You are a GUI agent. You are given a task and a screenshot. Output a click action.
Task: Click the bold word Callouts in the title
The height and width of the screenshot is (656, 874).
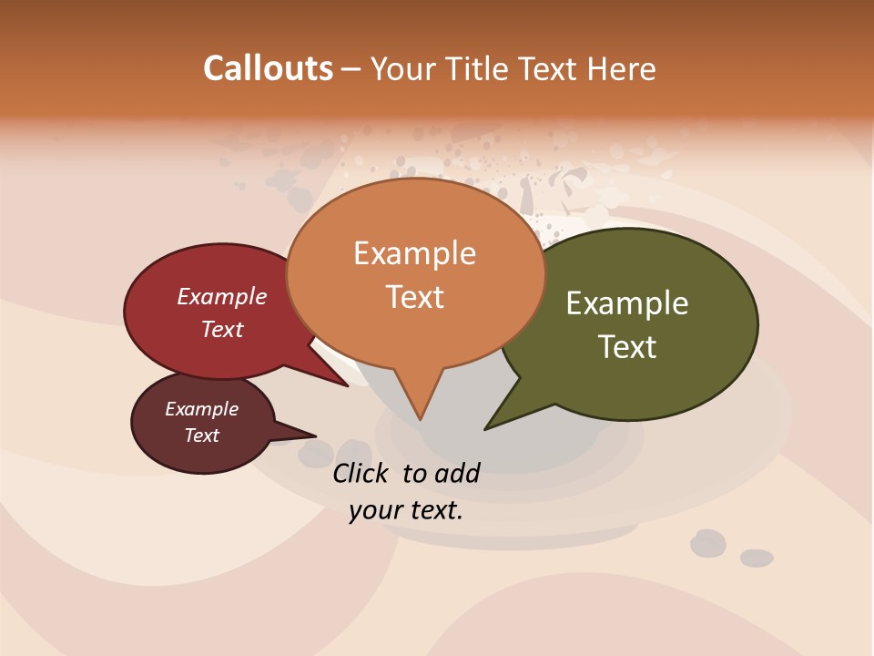click(x=268, y=69)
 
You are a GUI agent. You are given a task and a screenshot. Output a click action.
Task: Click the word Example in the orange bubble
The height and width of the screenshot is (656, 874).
click(x=414, y=253)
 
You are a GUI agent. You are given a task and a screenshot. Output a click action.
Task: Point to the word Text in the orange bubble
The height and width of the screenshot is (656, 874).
click(x=414, y=297)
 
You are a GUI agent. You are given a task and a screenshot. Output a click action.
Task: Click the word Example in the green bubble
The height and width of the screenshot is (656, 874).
click(x=627, y=303)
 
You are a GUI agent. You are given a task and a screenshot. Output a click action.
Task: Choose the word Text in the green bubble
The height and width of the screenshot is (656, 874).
click(x=627, y=347)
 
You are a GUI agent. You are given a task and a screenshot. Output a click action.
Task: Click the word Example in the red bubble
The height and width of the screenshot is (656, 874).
click(x=221, y=297)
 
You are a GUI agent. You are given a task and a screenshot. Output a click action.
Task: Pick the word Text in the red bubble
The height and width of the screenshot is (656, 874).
click(x=221, y=330)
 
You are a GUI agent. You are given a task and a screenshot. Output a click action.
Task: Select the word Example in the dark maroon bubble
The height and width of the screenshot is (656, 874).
click(x=201, y=409)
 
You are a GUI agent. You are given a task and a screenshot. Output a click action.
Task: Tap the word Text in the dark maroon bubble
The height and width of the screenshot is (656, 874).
click(x=201, y=436)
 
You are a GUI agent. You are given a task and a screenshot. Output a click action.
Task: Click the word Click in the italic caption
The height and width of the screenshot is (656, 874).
click(x=362, y=473)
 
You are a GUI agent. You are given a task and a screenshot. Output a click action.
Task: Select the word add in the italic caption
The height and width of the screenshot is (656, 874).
click(x=457, y=473)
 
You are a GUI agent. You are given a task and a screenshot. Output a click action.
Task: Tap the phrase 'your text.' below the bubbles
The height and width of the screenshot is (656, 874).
click(x=405, y=510)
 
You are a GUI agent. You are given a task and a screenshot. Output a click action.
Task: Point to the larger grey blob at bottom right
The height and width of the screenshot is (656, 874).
click(x=707, y=544)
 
